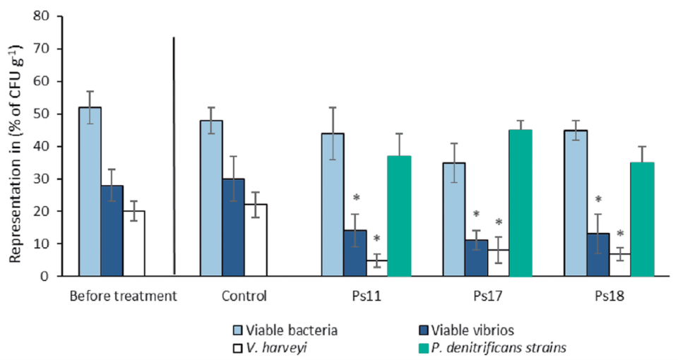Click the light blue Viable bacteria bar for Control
211,198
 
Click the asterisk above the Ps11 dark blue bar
356,198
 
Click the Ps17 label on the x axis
487,296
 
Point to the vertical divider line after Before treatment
174,155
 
